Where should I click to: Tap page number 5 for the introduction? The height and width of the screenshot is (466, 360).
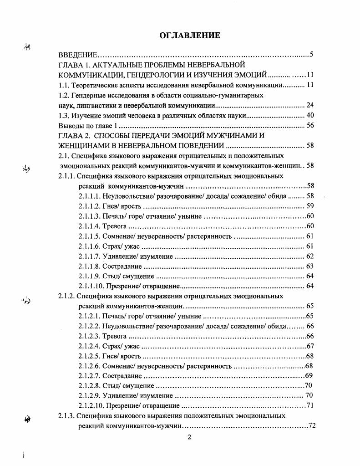(311, 55)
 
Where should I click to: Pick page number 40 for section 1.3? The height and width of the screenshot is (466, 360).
(310, 115)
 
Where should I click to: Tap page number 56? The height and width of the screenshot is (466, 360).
(310, 125)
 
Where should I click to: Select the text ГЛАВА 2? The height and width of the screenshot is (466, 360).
(75, 135)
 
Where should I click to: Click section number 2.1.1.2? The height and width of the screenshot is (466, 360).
(89, 206)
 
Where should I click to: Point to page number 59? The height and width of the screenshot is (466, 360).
(310, 206)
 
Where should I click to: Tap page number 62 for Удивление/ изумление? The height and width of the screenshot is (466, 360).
(310, 256)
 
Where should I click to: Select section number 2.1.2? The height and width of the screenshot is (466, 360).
(66, 296)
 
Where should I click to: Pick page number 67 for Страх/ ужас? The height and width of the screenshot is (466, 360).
(310, 346)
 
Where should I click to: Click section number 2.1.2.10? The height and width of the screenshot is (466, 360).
(91, 405)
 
